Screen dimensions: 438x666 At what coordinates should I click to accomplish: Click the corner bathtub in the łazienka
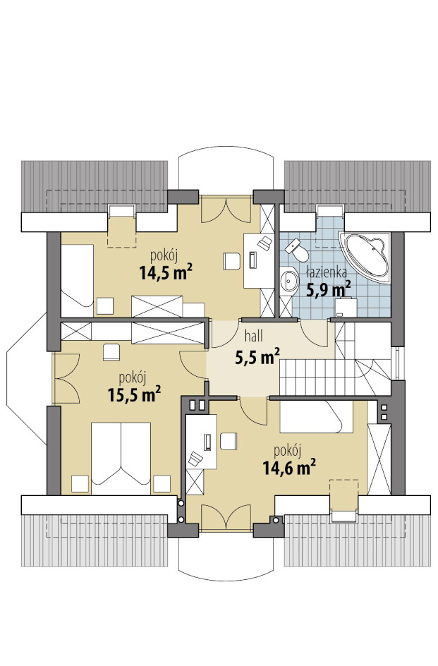click(x=366, y=256)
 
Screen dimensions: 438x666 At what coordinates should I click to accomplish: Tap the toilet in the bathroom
click(x=298, y=250)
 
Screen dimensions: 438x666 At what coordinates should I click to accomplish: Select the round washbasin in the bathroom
click(x=290, y=280)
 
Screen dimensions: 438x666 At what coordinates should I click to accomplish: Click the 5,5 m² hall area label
click(x=257, y=356)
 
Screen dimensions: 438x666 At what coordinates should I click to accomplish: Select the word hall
click(x=254, y=337)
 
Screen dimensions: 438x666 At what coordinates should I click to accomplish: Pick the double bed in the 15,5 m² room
click(x=121, y=458)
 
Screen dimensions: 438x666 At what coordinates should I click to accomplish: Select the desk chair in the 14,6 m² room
click(x=228, y=440)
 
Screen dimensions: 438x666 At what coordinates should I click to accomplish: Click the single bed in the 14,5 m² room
click(x=78, y=276)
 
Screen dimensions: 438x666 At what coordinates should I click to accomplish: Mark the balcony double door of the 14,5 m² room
click(x=226, y=210)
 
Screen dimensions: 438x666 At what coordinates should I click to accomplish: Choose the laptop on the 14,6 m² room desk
click(x=196, y=459)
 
